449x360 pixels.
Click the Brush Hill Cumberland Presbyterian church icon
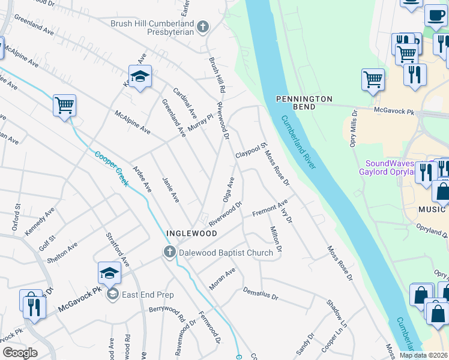point(203,27)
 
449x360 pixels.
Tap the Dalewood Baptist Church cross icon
point(170,253)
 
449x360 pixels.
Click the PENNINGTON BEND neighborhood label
point(304,102)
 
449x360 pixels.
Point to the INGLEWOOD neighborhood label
point(191,233)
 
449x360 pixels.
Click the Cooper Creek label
point(111,167)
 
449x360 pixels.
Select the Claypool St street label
point(250,151)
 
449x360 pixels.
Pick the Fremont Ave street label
point(270,209)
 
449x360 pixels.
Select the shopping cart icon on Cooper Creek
point(64,106)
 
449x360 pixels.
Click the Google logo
point(20,353)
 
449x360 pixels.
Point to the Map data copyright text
point(424,355)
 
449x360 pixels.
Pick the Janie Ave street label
point(170,189)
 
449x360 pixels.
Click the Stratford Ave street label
point(118,250)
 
